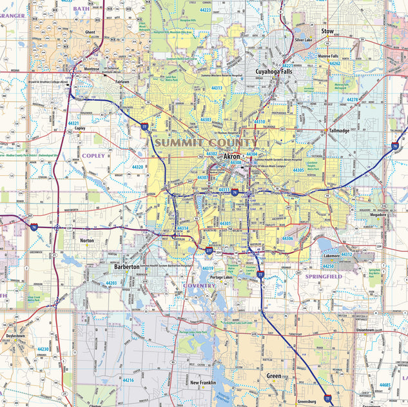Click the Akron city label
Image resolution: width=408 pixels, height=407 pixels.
(231, 157)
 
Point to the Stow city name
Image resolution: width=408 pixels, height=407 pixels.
(327, 30)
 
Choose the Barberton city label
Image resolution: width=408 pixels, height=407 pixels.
(127, 266)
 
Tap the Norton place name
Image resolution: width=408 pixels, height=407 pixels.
(87, 240)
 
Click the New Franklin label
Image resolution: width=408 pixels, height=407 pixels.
(203, 382)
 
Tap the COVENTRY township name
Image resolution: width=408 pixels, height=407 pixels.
(199, 285)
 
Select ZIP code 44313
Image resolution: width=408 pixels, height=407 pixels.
(217, 88)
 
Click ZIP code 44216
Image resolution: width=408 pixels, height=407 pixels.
(128, 381)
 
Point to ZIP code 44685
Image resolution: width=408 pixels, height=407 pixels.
(385, 385)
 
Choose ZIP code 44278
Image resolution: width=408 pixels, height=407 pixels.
(352, 99)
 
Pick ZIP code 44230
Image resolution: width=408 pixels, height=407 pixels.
(43, 349)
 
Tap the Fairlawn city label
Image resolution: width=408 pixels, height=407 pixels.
(122, 82)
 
